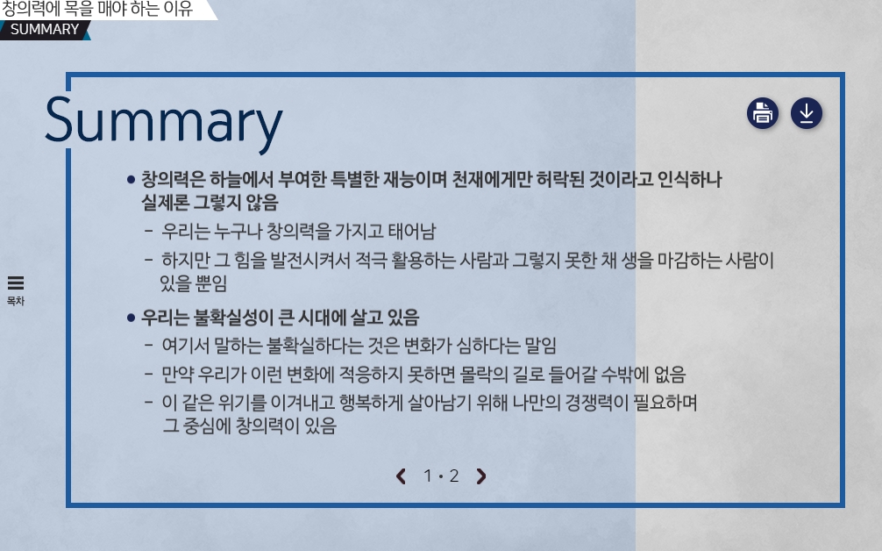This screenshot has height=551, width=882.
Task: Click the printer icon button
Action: [763, 113]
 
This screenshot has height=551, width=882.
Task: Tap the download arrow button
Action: [807, 113]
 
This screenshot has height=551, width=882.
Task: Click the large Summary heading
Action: [164, 122]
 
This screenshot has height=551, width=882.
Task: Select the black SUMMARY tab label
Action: [45, 29]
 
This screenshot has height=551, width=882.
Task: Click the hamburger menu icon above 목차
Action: [16, 283]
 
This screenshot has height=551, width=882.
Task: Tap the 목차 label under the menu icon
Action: [16, 301]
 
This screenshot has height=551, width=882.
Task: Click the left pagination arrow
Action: [401, 476]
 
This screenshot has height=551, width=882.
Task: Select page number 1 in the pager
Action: [428, 476]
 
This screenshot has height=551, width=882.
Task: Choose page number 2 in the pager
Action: [454, 476]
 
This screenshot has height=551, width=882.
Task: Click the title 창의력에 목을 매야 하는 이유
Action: [96, 9]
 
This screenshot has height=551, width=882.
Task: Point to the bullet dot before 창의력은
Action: [131, 180]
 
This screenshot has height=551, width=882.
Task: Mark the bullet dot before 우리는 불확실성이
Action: [131, 318]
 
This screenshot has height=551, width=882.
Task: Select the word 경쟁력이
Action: [596, 403]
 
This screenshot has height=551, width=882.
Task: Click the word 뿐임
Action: [210, 283]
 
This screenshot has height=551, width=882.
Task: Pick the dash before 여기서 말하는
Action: [149, 344]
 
